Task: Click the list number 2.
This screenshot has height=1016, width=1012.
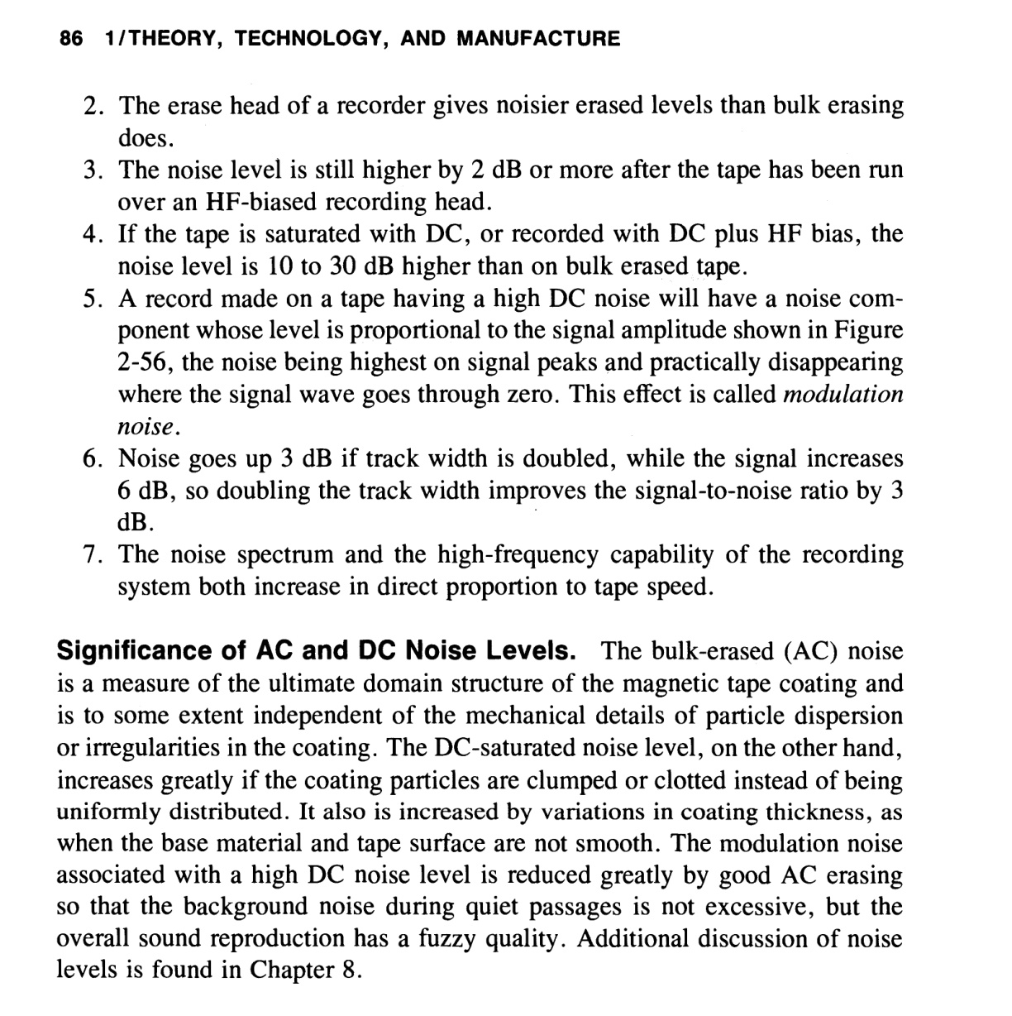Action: pos(93,106)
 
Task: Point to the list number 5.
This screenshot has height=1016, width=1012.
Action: pos(93,298)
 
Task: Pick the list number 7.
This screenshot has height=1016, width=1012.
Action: pos(93,554)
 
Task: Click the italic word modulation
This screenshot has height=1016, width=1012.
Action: pos(843,394)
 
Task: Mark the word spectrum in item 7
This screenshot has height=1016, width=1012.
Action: pos(283,554)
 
